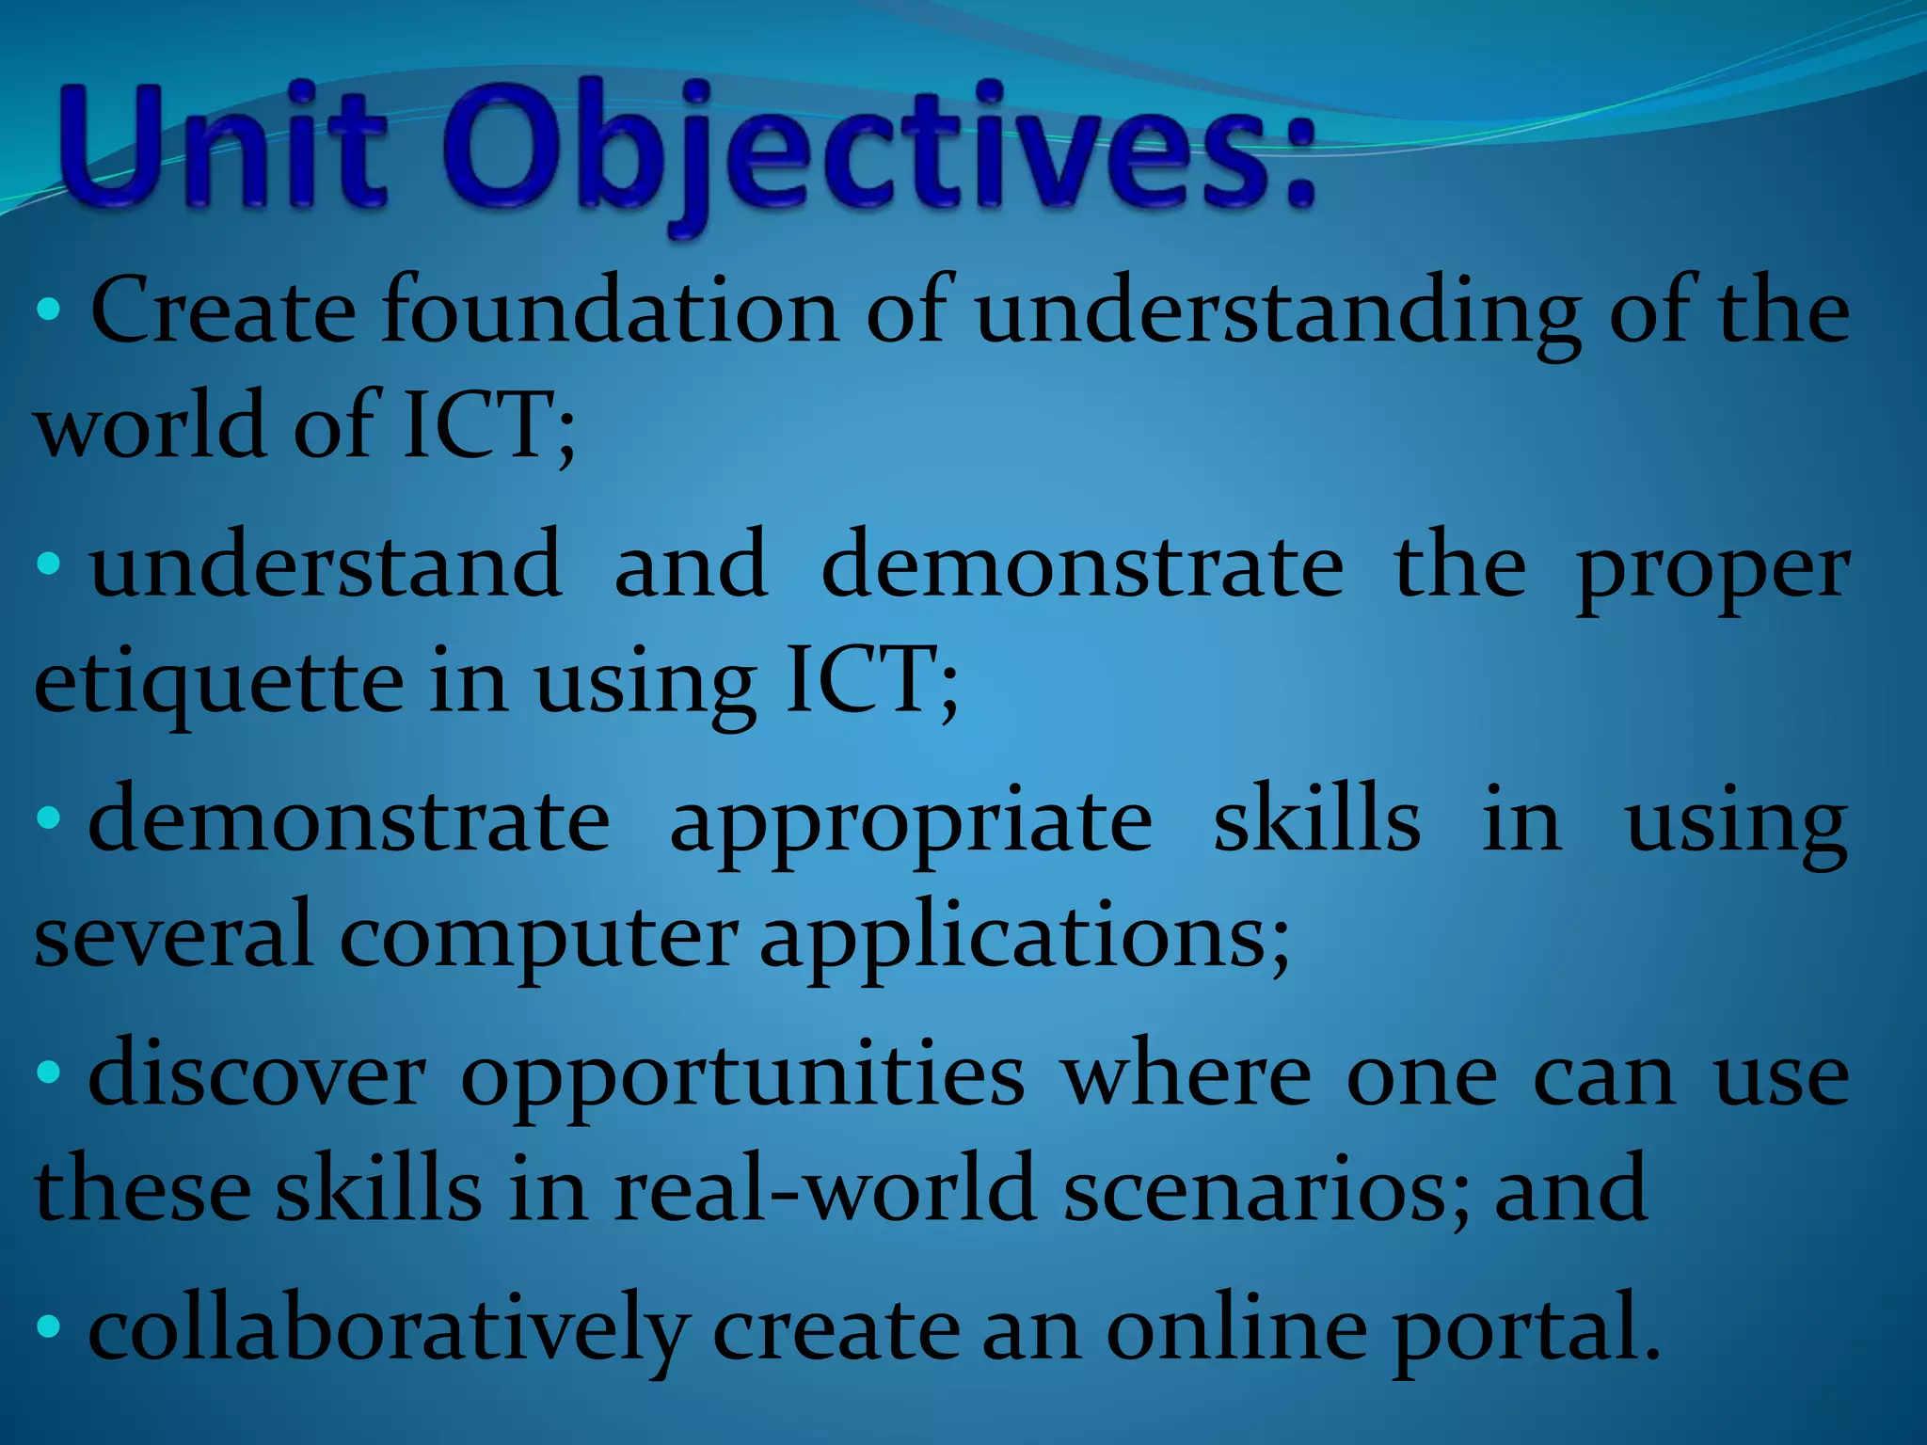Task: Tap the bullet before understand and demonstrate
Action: coord(49,564)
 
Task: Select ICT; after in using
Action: coord(870,679)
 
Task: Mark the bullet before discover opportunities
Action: coord(49,1072)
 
